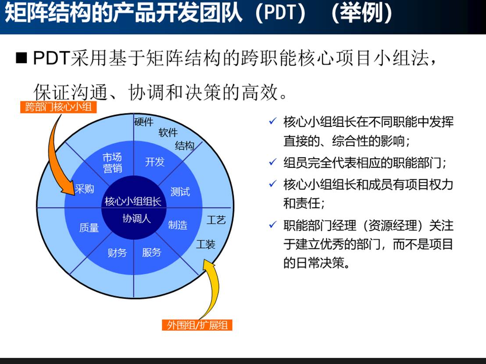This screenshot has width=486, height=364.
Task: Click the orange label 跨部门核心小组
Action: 58,107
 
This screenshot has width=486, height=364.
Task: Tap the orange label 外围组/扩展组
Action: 197,325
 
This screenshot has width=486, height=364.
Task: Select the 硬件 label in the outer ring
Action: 143,122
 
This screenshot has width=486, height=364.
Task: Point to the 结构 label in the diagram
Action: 184,145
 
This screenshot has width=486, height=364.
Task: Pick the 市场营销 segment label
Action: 112,163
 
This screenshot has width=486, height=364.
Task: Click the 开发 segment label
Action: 154,162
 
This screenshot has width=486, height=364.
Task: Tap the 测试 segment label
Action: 180,191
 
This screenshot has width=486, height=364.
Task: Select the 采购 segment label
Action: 84,189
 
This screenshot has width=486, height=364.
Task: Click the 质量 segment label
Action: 89,227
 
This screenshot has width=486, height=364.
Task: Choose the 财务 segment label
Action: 117,252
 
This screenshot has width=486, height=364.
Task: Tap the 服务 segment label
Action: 151,252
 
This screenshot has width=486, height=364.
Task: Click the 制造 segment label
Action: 178,225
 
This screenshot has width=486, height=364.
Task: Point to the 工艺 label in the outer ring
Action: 216,219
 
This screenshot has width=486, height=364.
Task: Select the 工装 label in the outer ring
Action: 205,244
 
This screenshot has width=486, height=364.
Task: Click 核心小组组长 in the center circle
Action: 133,201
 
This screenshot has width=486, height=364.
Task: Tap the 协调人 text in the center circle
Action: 136,218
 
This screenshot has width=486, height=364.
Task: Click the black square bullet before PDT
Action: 21,58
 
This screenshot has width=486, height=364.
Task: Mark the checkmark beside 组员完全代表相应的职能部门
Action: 272,163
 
